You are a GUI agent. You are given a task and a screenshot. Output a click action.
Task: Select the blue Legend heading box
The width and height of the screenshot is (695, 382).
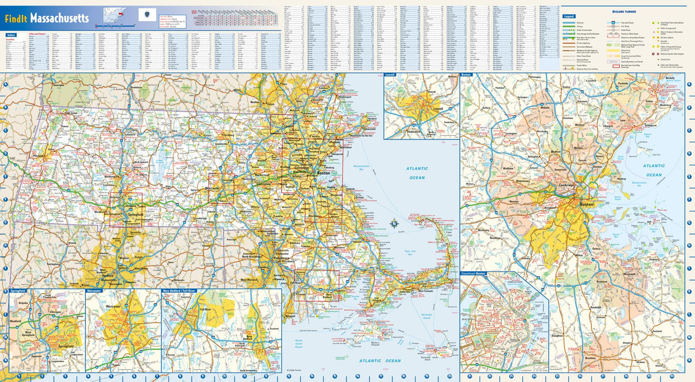[x=568, y=16]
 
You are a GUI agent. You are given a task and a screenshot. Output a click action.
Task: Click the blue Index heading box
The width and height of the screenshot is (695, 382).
[x=11, y=35]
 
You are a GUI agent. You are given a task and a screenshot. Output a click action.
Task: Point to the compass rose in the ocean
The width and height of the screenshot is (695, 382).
[x=394, y=224]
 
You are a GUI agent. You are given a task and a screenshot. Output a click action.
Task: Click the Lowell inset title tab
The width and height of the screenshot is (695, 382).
[x=390, y=75]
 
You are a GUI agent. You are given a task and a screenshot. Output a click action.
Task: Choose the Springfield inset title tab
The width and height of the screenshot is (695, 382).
[x=18, y=291]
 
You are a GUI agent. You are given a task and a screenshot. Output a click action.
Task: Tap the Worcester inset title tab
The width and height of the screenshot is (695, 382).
[x=94, y=291]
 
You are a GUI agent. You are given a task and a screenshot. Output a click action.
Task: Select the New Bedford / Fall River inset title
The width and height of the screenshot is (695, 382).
[x=180, y=291]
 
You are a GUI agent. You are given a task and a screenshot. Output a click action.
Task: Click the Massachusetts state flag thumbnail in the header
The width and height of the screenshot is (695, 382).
[x=147, y=15]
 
